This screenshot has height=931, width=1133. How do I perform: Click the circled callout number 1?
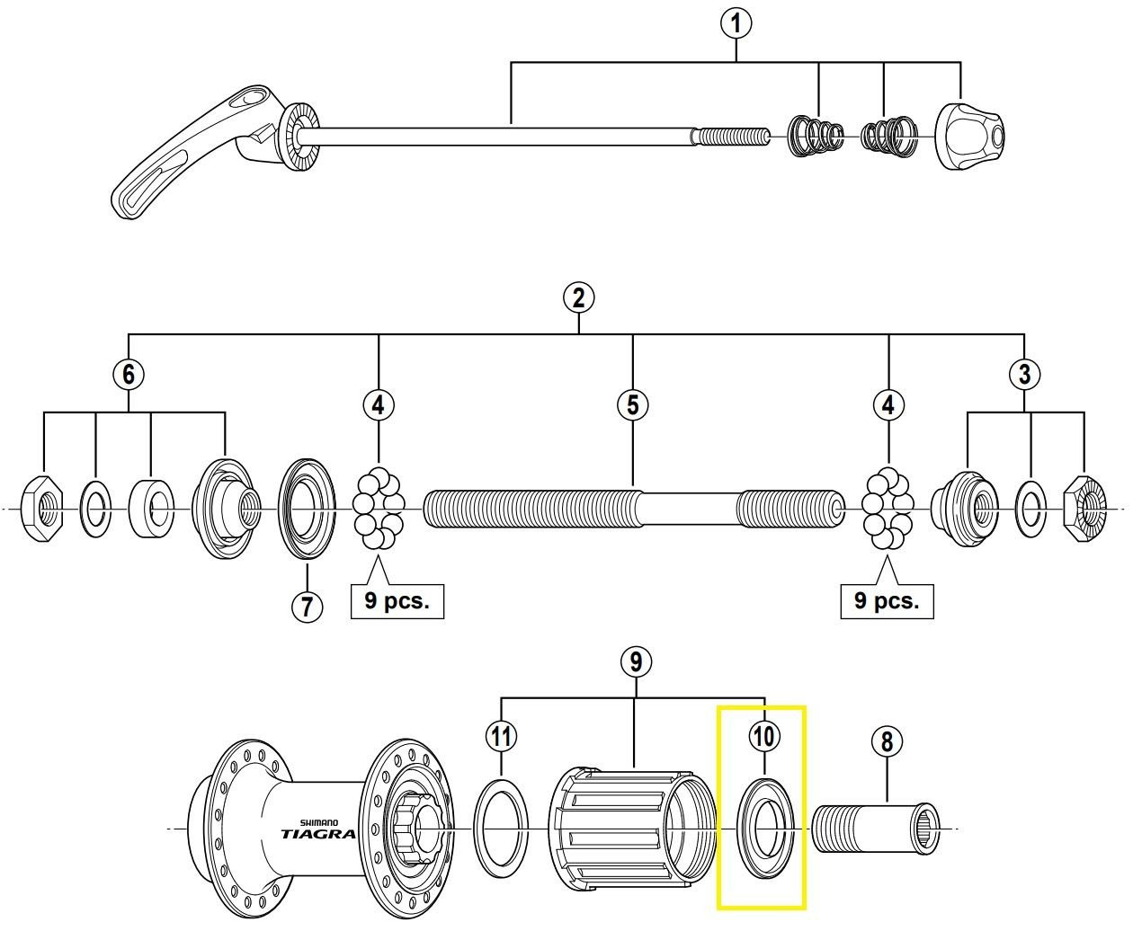(x=736, y=23)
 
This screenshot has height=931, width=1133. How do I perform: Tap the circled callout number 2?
(x=578, y=297)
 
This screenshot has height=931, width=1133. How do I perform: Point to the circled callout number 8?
(x=887, y=741)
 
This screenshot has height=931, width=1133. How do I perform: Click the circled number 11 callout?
(x=501, y=737)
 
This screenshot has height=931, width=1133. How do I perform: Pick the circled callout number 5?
(x=633, y=405)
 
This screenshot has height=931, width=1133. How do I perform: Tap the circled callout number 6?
(x=129, y=373)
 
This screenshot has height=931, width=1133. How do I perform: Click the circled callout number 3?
(x=1024, y=374)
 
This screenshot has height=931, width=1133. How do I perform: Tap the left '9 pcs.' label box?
(x=397, y=600)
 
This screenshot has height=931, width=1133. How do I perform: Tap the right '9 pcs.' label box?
(x=887, y=600)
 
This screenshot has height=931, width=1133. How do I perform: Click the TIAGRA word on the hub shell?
(x=317, y=833)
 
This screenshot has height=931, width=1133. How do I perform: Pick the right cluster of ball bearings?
(x=888, y=510)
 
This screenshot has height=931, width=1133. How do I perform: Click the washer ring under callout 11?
(x=502, y=826)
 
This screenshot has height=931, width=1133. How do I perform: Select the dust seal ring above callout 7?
(x=307, y=508)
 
